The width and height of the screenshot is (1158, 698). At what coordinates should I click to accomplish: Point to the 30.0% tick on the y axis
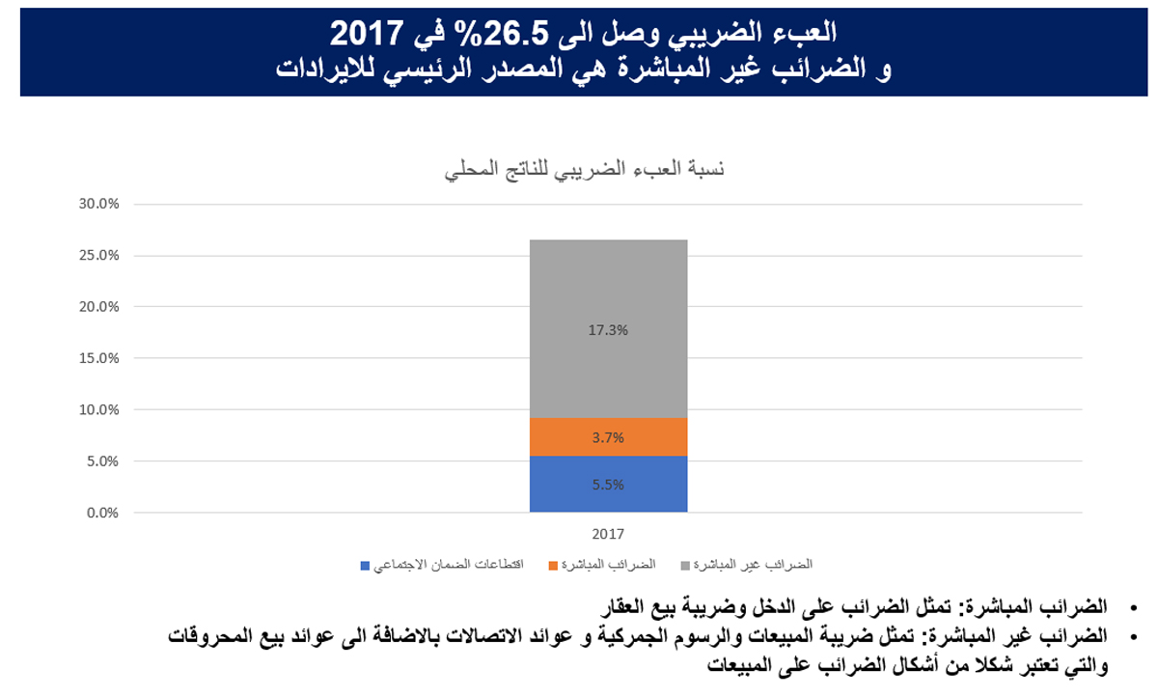pos(98,205)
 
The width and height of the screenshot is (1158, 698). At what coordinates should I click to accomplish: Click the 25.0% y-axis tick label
pos(98,256)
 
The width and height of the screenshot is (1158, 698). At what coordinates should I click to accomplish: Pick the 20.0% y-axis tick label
pos(98,307)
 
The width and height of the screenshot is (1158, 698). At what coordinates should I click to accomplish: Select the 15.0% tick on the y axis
pos(98,358)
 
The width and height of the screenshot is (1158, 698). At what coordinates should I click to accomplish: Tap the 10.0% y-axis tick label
pos(98,409)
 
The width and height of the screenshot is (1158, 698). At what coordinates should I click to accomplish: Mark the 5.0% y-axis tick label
pos(100,461)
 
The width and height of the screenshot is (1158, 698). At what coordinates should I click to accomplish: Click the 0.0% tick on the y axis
pos(100,513)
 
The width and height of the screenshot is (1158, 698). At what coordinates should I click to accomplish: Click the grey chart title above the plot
pos(584,171)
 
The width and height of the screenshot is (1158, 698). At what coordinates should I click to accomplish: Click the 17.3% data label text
pos(608,330)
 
